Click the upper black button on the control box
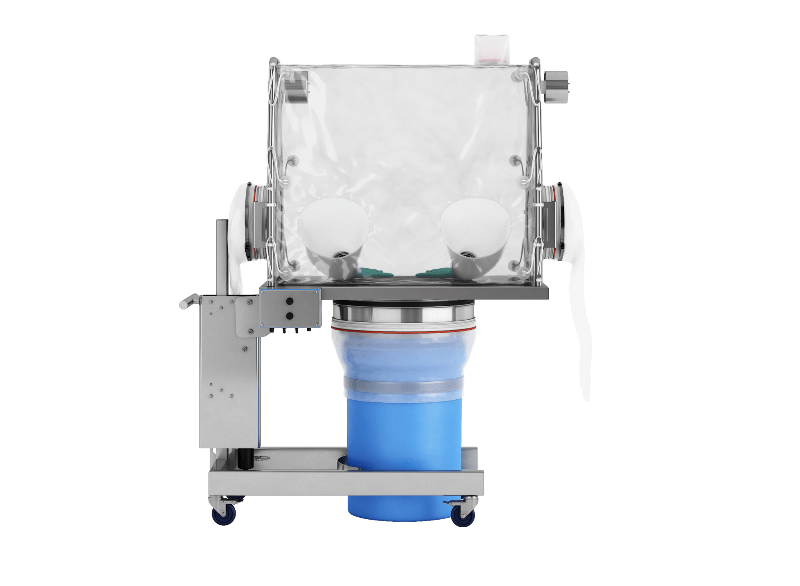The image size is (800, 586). pyautogui.click(x=290, y=301)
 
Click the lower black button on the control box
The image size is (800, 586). pyautogui.click(x=290, y=316)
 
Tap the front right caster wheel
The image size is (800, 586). pyautogui.click(x=463, y=516)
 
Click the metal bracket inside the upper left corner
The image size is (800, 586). pyautogui.click(x=296, y=87)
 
